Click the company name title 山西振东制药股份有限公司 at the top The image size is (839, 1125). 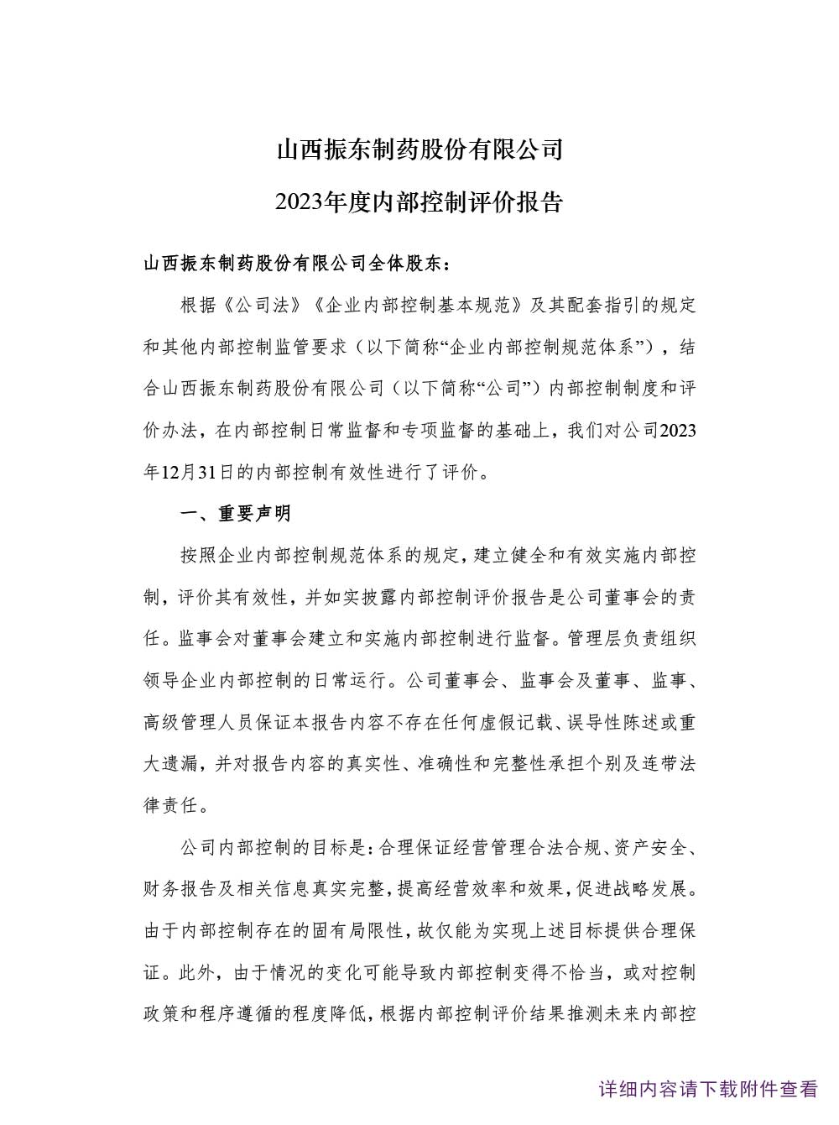[x=419, y=150]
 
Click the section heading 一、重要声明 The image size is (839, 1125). [x=237, y=513]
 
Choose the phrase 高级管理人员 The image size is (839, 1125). [x=198, y=721]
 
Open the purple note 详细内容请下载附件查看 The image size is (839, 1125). [x=708, y=1090]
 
